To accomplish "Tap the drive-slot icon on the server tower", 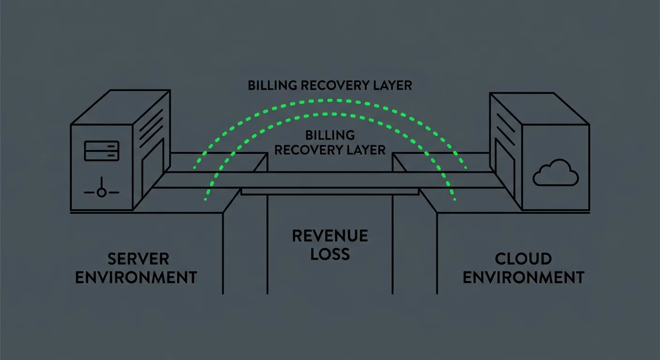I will [101, 150].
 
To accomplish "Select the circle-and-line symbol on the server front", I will [101, 192].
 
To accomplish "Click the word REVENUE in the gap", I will [330, 236].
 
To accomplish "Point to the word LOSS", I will [330, 254].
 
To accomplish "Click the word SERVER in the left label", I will [138, 259].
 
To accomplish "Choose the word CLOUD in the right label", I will [523, 259].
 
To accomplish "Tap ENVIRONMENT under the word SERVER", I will [136, 277].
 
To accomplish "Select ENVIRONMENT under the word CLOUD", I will [524, 277].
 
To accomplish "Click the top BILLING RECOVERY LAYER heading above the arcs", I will [330, 85].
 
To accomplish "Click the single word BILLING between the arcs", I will [330, 135].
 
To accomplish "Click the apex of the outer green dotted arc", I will [330, 100].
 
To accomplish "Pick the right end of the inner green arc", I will [455, 200].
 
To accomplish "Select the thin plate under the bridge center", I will [330, 191].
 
